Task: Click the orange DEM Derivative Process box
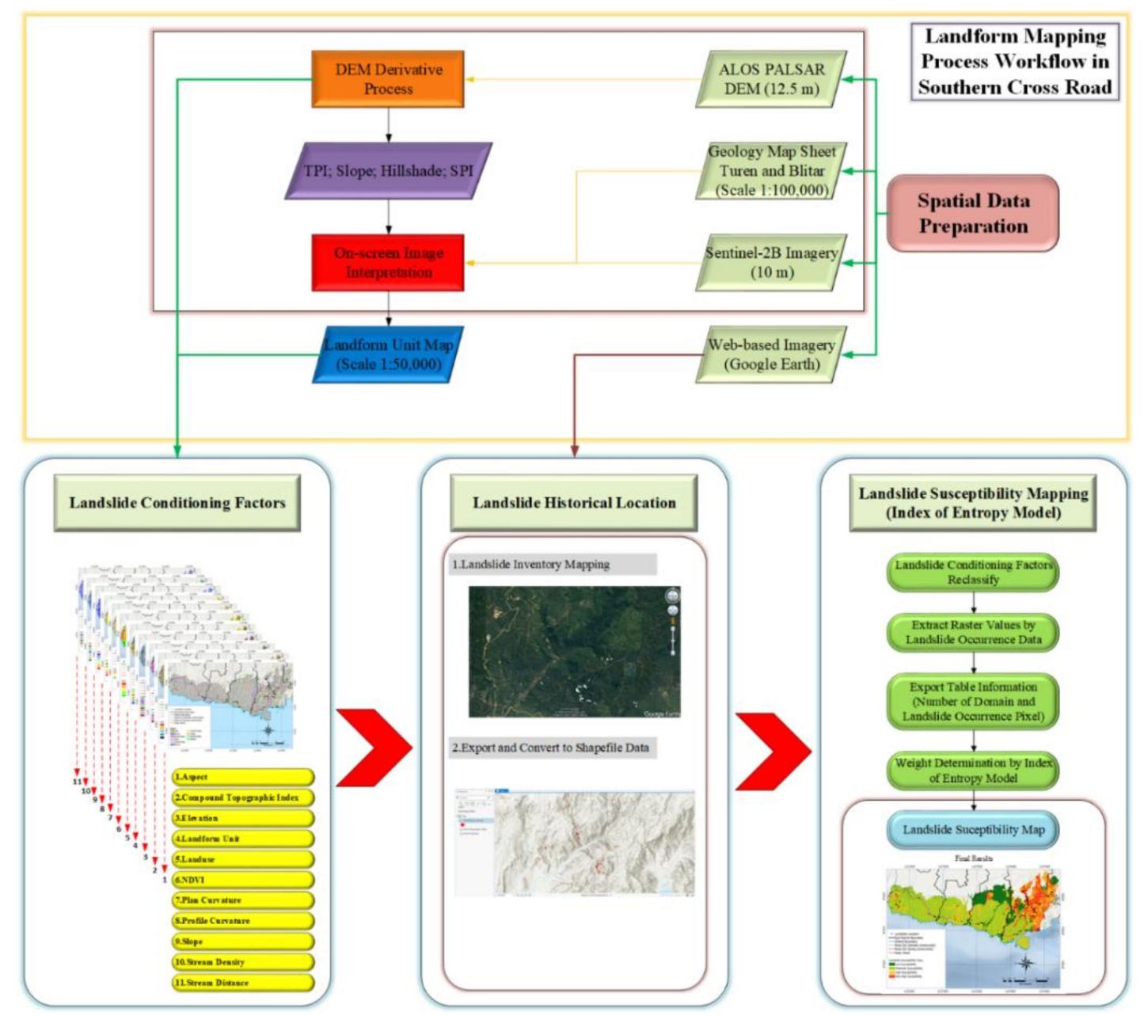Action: [x=387, y=79]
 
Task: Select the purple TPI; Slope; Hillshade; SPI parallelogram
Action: [x=388, y=170]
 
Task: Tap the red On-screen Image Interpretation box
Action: [x=387, y=262]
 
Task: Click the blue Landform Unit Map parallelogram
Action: [x=388, y=354]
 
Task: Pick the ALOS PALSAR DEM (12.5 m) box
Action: [x=771, y=79]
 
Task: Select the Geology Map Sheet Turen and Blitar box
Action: [x=771, y=170]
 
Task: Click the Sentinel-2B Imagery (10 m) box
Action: [x=771, y=262]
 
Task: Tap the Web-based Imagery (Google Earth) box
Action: [x=771, y=354]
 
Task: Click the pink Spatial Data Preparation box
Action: [x=973, y=214]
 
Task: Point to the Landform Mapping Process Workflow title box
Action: [x=1015, y=62]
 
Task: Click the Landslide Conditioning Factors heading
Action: [x=177, y=503]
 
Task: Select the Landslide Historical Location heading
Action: [x=574, y=503]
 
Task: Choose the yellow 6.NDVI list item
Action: [x=242, y=880]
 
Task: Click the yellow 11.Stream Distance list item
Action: [x=242, y=983]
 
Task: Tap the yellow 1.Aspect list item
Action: [x=242, y=777]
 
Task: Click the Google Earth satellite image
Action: [x=574, y=652]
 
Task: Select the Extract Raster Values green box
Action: [x=973, y=632]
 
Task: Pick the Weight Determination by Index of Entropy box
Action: [x=973, y=771]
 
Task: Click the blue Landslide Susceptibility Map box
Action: [x=973, y=830]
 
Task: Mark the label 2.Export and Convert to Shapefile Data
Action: [x=552, y=748]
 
